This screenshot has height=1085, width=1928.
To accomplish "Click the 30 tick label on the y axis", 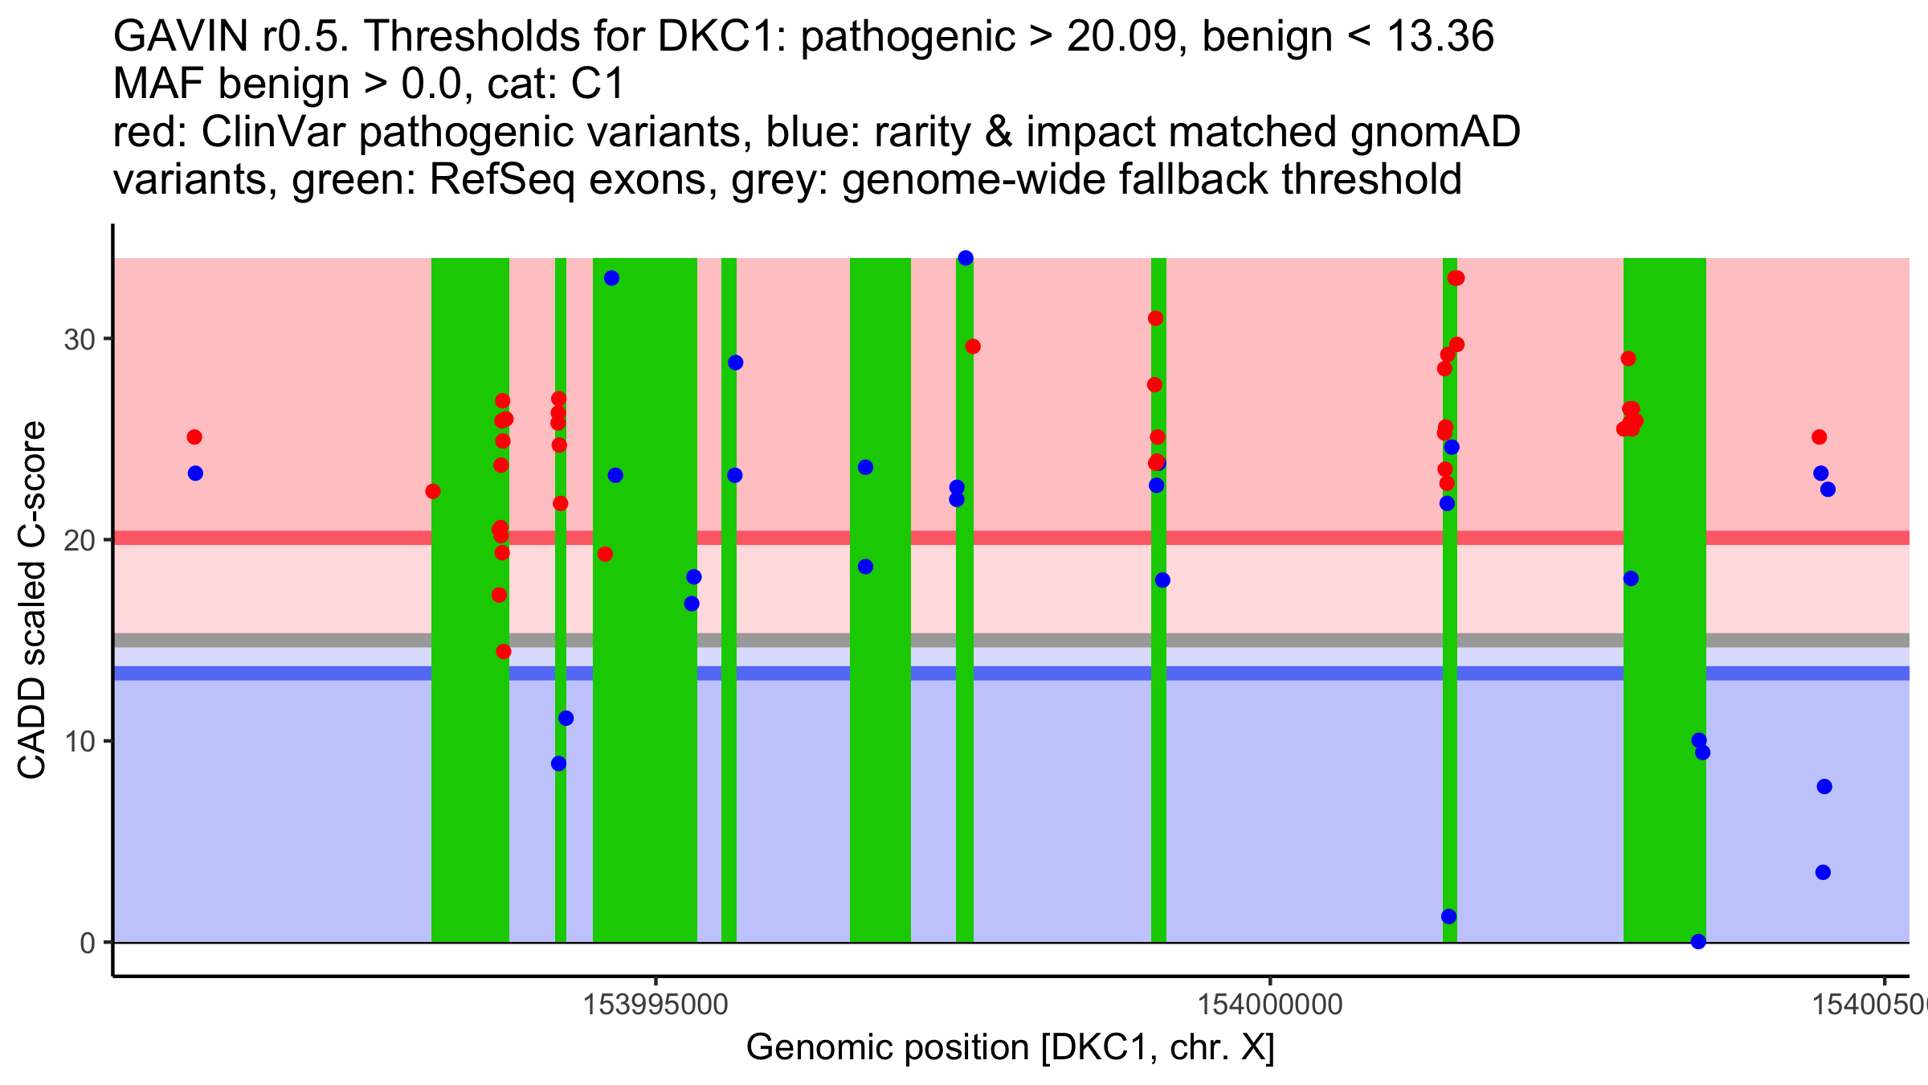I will pyautogui.click(x=79, y=339).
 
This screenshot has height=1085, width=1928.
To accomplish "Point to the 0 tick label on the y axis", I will pyautogui.click(x=87, y=943).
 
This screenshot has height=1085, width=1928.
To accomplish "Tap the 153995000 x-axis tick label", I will pyautogui.click(x=656, y=1005).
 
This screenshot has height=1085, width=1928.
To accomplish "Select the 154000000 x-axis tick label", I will pyautogui.click(x=1270, y=1005).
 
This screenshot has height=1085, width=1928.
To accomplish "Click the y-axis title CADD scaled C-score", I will pyautogui.click(x=32, y=600).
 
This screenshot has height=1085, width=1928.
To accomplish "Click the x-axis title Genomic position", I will pyautogui.click(x=1010, y=1048).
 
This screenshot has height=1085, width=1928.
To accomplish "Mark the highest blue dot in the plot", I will pyautogui.click(x=966, y=258).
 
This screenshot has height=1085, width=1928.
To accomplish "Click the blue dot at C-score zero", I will pyautogui.click(x=1698, y=941).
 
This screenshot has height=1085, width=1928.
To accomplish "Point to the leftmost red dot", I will pyautogui.click(x=194, y=437).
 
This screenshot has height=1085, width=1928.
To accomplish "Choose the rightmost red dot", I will pyautogui.click(x=1820, y=437).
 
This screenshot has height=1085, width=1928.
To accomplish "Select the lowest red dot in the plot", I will pyautogui.click(x=504, y=651).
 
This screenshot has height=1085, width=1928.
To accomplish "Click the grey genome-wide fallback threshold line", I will pyautogui.click(x=1044, y=640).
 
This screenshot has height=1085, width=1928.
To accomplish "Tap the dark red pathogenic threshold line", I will pyautogui.click(x=1044, y=538).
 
